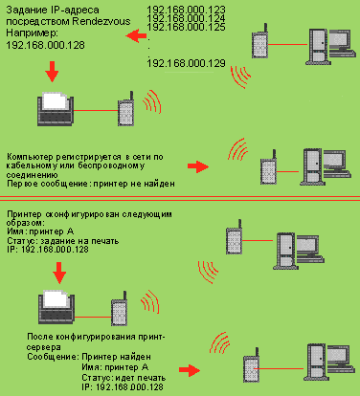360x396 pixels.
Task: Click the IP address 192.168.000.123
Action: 186,10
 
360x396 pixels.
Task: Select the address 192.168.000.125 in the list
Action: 186,27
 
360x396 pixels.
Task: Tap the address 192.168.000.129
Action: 186,63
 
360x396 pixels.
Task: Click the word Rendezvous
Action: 101,21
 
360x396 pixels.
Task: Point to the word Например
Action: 32,33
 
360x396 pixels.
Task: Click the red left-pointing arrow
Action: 136,35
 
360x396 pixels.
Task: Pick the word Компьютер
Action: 30,157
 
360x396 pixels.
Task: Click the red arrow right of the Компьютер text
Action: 198,166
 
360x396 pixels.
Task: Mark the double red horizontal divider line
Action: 180,198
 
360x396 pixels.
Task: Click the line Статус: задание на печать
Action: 63,241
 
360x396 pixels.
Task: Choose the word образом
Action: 26,223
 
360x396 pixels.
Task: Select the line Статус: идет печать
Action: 124,378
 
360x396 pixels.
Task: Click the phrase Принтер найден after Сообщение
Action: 116,357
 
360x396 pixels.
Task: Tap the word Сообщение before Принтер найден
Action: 53,357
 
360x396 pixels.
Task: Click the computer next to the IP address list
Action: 330,47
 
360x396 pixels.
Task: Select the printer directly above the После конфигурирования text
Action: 56,307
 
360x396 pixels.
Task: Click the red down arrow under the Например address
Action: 52,72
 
